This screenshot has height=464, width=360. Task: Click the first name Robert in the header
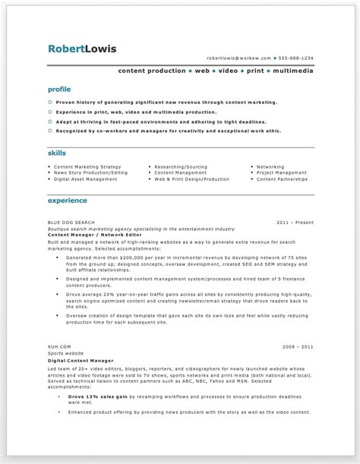pyautogui.click(x=65, y=50)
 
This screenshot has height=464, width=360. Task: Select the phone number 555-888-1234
pyautogui.click(x=296, y=58)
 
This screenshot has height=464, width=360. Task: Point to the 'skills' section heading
pyautogui.click(x=57, y=153)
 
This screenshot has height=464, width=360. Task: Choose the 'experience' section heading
pyautogui.click(x=67, y=200)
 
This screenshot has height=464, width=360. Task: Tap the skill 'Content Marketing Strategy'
pyautogui.click(x=87, y=166)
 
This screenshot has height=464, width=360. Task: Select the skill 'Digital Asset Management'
pyautogui.click(x=86, y=179)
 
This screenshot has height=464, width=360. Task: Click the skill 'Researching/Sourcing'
pyautogui.click(x=182, y=166)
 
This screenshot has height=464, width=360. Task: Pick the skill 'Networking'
pyautogui.click(x=270, y=166)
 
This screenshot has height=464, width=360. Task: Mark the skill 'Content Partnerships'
pyautogui.click(x=282, y=179)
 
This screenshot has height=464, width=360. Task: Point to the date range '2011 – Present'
pyautogui.click(x=295, y=223)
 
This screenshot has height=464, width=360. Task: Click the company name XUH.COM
pyautogui.click(x=58, y=346)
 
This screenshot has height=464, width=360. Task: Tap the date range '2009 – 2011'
pyautogui.click(x=296, y=346)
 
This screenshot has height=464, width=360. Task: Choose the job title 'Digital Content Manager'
pyautogui.click(x=80, y=359)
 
